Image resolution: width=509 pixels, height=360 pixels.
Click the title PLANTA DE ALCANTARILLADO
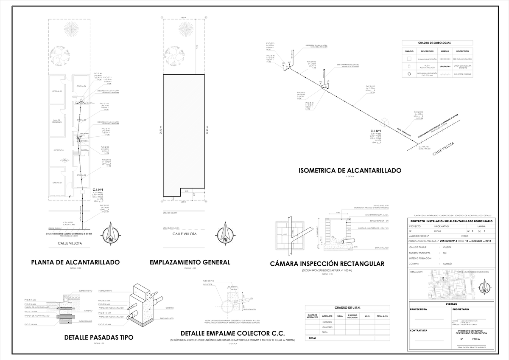tap(76, 262)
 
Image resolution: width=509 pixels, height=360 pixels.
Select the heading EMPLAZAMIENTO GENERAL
tap(190, 262)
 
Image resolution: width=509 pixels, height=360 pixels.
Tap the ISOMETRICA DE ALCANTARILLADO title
tap(350, 171)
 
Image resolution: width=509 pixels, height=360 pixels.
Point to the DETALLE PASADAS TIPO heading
tap(98, 337)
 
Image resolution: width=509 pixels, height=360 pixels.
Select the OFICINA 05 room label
tap(57, 91)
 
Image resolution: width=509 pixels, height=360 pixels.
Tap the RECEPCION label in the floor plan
tap(58, 150)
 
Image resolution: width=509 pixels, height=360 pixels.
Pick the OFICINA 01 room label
tap(57, 183)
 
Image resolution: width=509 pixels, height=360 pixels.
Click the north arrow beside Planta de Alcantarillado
tap(112, 233)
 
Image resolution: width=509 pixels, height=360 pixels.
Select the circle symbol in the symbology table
tap(409, 74)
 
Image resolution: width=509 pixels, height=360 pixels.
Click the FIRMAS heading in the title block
tap(451, 304)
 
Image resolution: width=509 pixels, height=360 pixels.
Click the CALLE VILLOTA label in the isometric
tap(443, 149)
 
